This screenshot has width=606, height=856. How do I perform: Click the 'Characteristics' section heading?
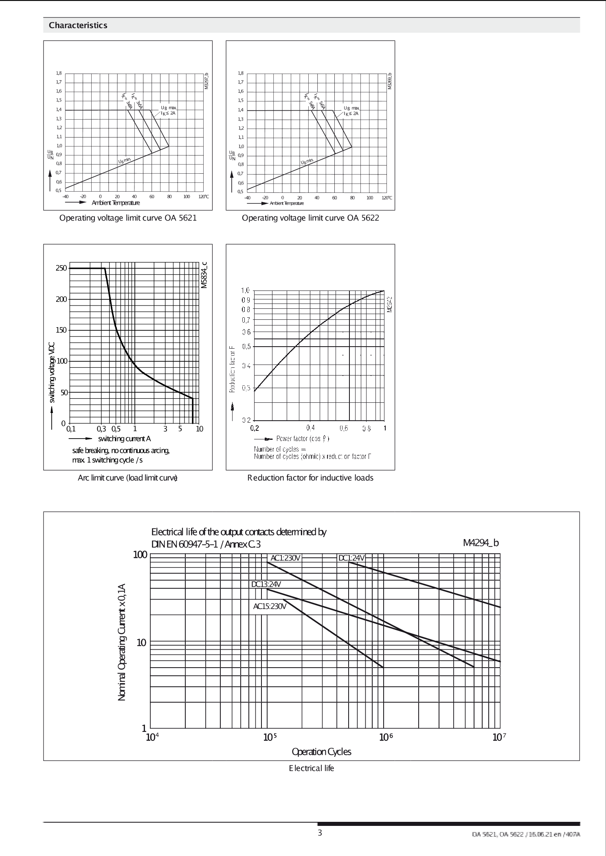[78, 25]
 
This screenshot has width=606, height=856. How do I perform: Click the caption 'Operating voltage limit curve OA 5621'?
[128, 218]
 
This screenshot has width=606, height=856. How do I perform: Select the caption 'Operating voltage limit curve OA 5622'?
[310, 218]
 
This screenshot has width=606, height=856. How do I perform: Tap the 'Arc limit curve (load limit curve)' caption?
[127, 478]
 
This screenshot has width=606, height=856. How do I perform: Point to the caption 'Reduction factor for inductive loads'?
[310, 478]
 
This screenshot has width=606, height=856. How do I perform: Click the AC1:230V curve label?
[285, 558]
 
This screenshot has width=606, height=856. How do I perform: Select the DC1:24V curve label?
[351, 558]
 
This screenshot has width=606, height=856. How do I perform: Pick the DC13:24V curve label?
[266, 585]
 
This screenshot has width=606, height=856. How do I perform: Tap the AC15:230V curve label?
[270, 607]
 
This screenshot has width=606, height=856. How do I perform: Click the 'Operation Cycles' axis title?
[321, 752]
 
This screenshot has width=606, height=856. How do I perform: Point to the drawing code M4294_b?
[481, 543]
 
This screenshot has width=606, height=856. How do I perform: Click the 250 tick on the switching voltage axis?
[61, 268]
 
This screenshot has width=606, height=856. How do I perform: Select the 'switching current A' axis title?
[124, 439]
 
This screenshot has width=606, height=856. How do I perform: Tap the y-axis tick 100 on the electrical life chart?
[140, 555]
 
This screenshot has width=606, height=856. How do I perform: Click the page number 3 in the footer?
[320, 833]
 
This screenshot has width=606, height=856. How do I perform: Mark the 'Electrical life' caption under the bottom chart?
[312, 768]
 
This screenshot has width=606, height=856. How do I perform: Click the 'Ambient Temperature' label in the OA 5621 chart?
[116, 203]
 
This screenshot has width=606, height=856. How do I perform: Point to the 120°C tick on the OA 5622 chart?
[386, 198]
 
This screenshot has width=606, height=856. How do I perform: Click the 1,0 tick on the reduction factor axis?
[245, 290]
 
